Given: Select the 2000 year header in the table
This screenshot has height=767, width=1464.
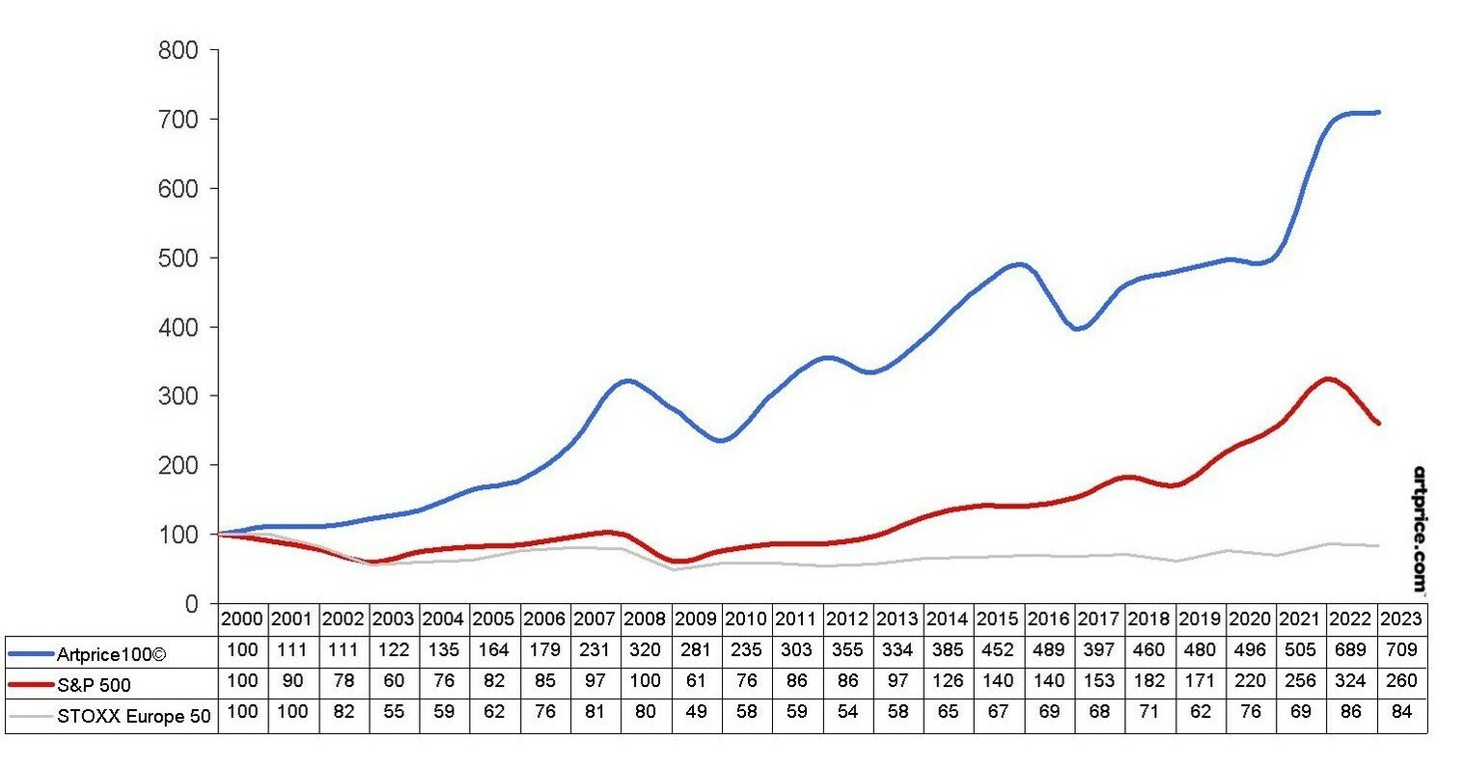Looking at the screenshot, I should [x=242, y=618].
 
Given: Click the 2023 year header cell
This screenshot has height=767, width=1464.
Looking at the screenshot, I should [x=1400, y=618].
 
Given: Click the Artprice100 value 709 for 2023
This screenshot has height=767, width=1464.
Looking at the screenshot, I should [x=1400, y=651].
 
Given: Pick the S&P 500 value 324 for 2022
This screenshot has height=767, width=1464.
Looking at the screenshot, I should [x=1350, y=681].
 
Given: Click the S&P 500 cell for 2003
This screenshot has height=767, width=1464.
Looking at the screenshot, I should [x=394, y=681].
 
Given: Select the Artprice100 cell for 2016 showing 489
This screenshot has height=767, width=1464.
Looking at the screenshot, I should [x=1047, y=651].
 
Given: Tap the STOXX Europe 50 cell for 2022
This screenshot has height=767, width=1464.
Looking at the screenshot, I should [x=1350, y=712].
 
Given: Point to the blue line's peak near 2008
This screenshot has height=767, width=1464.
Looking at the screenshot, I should [x=628, y=380].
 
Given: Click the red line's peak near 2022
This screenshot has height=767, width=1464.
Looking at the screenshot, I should [x=1330, y=378].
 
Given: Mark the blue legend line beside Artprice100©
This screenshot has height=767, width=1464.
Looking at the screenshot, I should [x=31, y=653].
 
